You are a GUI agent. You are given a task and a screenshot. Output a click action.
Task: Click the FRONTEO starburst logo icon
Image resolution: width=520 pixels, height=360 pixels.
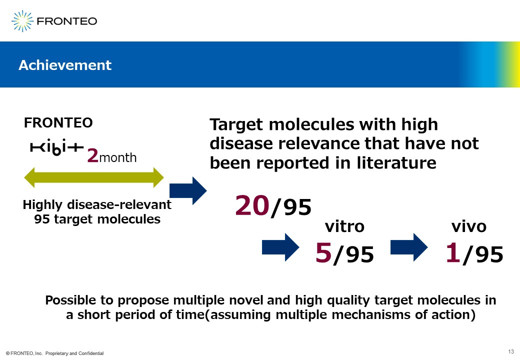pyautogui.click(x=22, y=21)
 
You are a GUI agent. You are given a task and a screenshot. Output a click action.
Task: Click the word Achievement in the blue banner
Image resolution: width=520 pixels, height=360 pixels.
pyautogui.click(x=65, y=65)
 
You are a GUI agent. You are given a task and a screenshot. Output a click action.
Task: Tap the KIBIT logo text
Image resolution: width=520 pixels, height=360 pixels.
pyautogui.click(x=56, y=147)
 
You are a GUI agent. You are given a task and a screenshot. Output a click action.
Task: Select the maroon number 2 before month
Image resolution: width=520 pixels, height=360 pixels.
pyautogui.click(x=93, y=155)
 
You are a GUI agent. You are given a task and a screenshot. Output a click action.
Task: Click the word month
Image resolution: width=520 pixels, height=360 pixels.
pyautogui.click(x=117, y=157)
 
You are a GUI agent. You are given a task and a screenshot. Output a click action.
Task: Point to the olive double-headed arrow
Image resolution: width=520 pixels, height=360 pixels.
pyautogui.click(x=94, y=177)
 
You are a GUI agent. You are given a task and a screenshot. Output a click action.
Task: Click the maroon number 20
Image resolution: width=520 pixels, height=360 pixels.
pyautogui.click(x=252, y=205)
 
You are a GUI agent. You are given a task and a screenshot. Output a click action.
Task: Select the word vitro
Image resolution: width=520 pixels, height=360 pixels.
pyautogui.click(x=344, y=226)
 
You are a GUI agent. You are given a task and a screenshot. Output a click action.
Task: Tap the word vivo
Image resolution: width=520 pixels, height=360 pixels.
pyautogui.click(x=469, y=226)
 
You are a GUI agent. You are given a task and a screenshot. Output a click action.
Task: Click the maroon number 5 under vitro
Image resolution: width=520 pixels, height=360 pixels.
pyautogui.click(x=323, y=252)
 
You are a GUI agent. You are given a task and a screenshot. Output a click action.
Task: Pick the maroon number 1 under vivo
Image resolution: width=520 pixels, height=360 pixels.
pyautogui.click(x=453, y=252)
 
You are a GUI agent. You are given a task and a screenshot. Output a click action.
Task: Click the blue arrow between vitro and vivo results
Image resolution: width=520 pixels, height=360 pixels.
pyautogui.click(x=409, y=247)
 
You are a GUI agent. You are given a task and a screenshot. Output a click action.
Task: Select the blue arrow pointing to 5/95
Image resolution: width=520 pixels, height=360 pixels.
pyautogui.click(x=280, y=247)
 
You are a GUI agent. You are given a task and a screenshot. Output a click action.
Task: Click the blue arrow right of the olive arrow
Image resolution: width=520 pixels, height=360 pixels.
pyautogui.click(x=188, y=190)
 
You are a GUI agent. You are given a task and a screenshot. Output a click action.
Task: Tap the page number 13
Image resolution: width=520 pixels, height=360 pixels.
pyautogui.click(x=511, y=351)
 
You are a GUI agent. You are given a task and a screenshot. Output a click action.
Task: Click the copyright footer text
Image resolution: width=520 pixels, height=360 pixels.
pyautogui.click(x=54, y=353)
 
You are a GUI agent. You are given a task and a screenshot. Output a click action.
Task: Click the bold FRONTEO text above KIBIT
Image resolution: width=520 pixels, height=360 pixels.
pyautogui.click(x=58, y=123)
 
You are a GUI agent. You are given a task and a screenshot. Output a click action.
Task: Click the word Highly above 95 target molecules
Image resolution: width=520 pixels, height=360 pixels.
pyautogui.click(x=42, y=205)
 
